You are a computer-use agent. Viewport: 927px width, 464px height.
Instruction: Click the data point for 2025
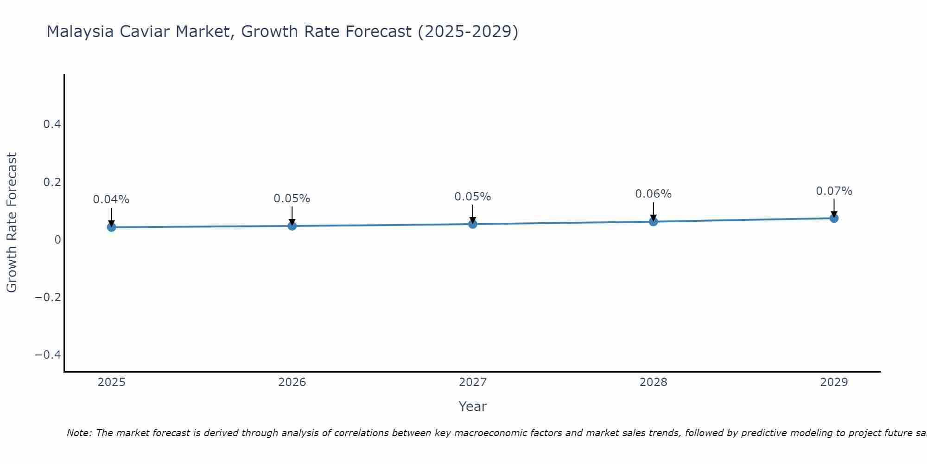[x=111, y=227]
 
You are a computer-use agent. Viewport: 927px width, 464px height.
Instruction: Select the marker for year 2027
[x=473, y=224]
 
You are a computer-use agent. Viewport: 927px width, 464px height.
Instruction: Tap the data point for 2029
[x=834, y=218]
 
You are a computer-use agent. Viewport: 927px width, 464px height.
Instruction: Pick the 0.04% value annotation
[x=111, y=200]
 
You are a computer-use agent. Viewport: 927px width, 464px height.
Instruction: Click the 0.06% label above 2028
[x=653, y=194]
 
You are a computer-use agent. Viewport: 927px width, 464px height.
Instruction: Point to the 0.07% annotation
[x=834, y=191]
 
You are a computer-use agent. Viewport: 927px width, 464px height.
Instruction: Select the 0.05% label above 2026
[x=292, y=199]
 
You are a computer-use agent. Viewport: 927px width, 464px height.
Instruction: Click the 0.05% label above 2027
[x=473, y=197]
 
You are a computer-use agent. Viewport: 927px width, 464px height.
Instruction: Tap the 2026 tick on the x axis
[x=292, y=382]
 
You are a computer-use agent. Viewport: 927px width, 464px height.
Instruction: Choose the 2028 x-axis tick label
[x=653, y=382]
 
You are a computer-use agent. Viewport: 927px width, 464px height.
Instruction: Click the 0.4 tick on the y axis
[x=52, y=124]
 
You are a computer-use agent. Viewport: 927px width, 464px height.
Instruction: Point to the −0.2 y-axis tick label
[x=48, y=297]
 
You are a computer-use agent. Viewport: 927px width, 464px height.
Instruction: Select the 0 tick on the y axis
[x=57, y=239]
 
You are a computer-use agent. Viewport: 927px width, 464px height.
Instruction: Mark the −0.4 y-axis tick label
[x=48, y=354]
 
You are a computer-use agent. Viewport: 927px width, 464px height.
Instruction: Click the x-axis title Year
[x=472, y=406]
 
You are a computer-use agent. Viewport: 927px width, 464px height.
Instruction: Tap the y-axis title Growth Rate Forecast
[x=12, y=223]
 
